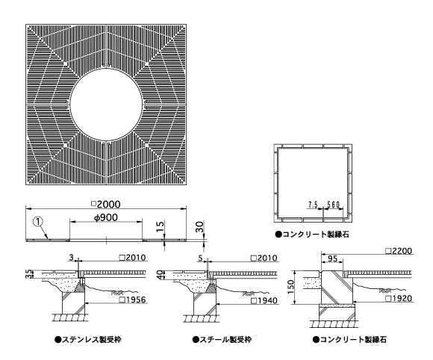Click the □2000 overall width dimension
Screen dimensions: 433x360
[106, 204]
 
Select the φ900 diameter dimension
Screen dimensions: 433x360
[106, 217]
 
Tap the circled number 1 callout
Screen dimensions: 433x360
[38, 221]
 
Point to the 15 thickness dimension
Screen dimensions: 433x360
[161, 227]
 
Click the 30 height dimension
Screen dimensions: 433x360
[199, 227]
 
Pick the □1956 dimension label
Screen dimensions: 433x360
[133, 300]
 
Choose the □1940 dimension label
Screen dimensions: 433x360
[264, 300]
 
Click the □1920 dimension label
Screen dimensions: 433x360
[399, 299]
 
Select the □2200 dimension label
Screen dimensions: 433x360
[399, 251]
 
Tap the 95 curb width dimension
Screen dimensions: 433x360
[332, 258]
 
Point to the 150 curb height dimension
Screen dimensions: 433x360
[291, 287]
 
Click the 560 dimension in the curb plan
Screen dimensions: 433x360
[333, 205]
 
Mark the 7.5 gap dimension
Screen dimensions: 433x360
[313, 205]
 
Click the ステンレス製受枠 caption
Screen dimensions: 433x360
[88, 340]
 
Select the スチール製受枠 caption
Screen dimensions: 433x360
[222, 340]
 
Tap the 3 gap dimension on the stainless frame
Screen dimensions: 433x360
[71, 258]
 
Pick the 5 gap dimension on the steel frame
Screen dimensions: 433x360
[201, 258]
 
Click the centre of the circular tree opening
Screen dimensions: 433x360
[107, 105]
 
